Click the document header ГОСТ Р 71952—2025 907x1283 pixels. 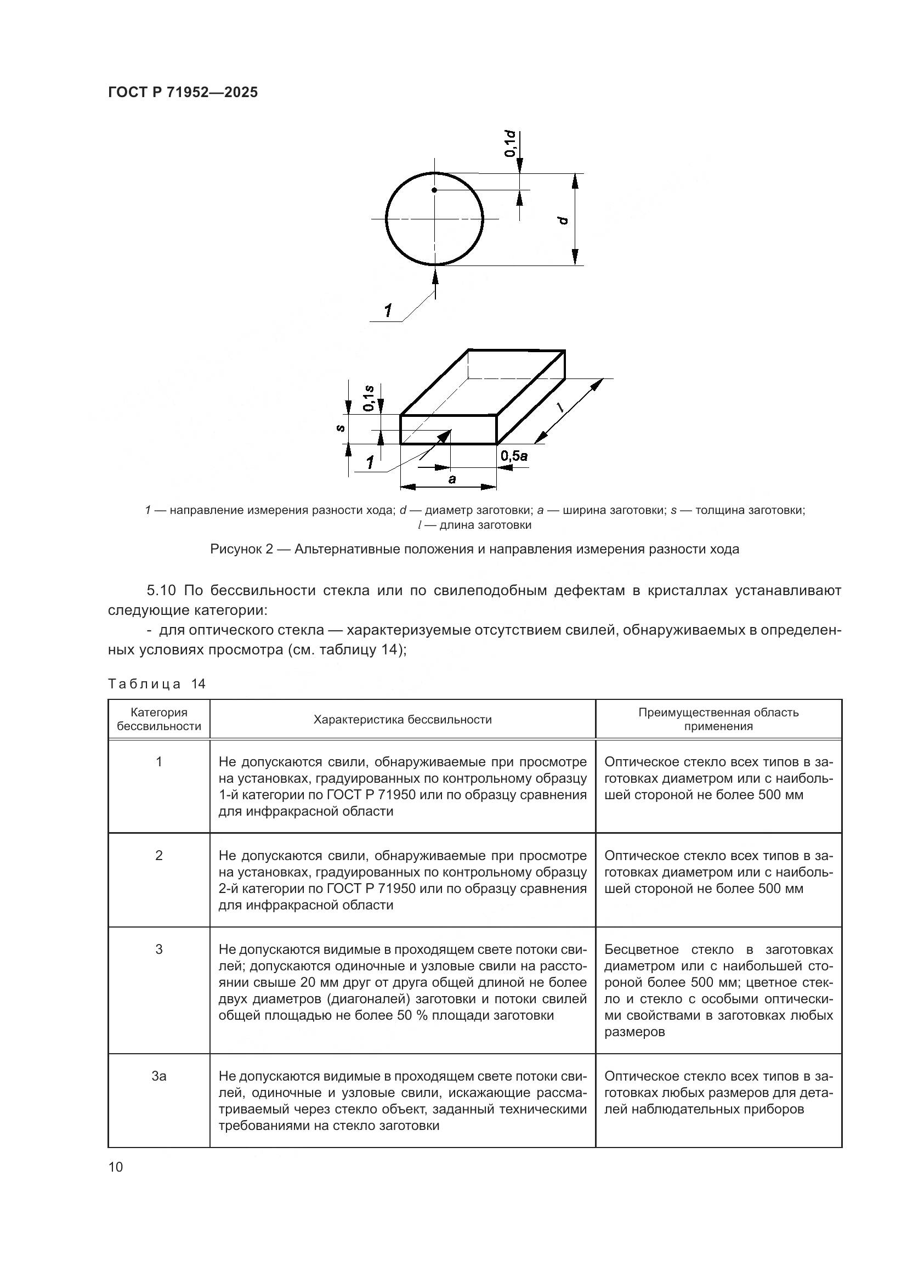coord(183,93)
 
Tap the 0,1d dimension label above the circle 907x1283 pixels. coord(509,144)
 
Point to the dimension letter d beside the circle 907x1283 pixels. coord(564,219)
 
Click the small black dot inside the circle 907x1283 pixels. coord(434,190)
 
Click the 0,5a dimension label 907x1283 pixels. coord(514,456)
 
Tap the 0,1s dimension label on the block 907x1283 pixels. coord(369,398)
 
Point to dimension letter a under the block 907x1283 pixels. coord(452,479)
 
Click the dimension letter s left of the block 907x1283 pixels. coord(340,428)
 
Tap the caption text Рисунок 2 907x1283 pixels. coord(241,549)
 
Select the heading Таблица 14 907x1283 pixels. coord(157,684)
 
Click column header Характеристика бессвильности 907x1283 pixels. coord(402,720)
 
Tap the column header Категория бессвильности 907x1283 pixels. coord(159,720)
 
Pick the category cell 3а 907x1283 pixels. coord(159,1076)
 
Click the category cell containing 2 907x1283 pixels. coord(159,856)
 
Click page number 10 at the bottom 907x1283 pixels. coord(116,1167)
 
